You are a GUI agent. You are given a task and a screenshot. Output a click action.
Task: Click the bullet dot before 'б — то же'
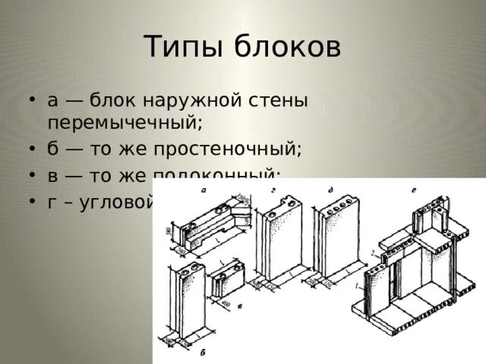(x=30, y=148)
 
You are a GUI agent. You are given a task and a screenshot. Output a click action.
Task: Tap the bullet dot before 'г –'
(x=30, y=201)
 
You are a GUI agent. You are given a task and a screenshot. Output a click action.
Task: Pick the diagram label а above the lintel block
(x=205, y=191)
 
